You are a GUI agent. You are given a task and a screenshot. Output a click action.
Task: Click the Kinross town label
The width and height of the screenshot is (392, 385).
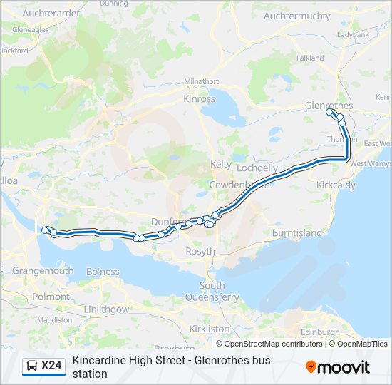coord(199,99)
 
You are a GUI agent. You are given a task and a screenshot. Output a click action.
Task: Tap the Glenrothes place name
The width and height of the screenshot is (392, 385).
coord(329,106)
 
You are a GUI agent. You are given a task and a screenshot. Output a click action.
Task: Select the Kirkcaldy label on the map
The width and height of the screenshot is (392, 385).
coord(335,185)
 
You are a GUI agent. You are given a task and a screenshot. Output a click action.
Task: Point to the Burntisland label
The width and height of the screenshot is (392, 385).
coord(297,233)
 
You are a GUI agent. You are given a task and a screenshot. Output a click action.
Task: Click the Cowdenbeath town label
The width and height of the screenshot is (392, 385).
coord(239,185)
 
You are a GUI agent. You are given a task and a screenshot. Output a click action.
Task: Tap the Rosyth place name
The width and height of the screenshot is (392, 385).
coord(200,252)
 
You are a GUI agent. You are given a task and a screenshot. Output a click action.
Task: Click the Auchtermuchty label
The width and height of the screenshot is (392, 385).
coord(297,16)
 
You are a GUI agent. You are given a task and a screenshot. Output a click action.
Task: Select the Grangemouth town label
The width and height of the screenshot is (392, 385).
coord(43,271)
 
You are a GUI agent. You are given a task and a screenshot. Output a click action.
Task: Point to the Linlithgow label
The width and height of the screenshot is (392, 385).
coord(106,309)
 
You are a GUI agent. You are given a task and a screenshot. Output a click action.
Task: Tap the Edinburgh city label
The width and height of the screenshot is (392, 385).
coord(320,332)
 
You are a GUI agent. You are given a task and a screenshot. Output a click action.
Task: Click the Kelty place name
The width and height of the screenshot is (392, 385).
coord(221,164)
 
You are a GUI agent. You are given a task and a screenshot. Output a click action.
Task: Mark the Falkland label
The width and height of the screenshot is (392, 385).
coord(310,58)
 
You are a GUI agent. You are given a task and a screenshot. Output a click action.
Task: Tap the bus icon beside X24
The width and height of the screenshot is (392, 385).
coord(32,366)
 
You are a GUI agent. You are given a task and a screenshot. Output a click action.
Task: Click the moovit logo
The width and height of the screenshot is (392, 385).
coord(338,367)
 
